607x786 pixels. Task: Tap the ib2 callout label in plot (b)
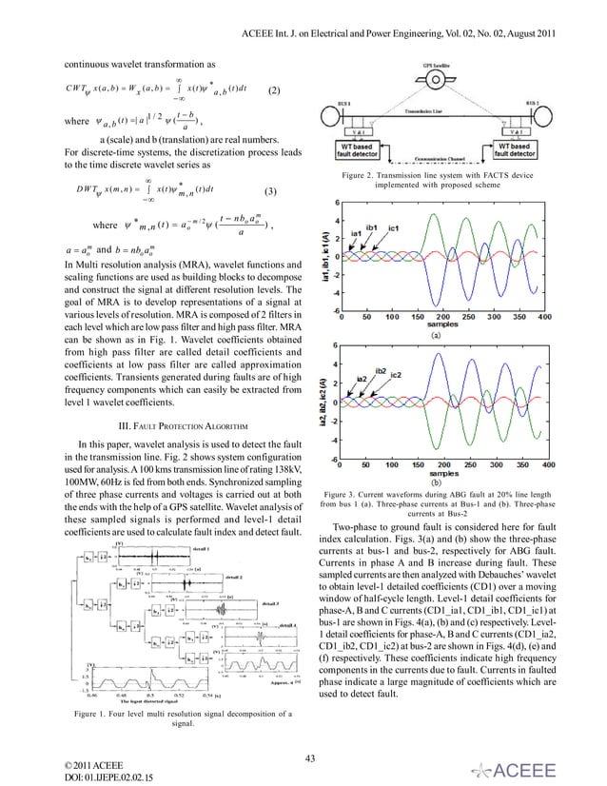pos(381,370)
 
